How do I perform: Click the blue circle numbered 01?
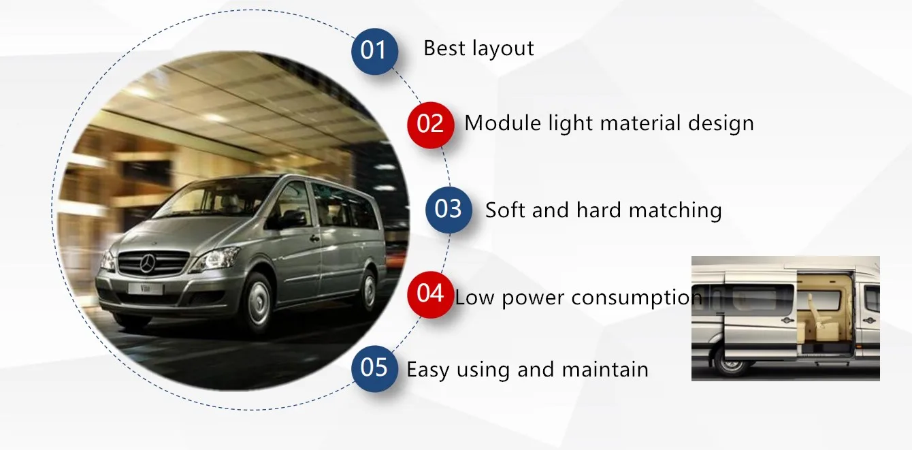[374, 50]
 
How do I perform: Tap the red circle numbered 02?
[430, 124]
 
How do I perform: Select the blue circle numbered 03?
[449, 209]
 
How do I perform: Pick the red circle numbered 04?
[430, 293]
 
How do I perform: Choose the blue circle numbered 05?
[374, 368]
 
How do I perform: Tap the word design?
[721, 124]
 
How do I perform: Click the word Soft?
[506, 210]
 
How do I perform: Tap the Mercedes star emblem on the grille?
[148, 263]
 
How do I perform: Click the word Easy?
[428, 370]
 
